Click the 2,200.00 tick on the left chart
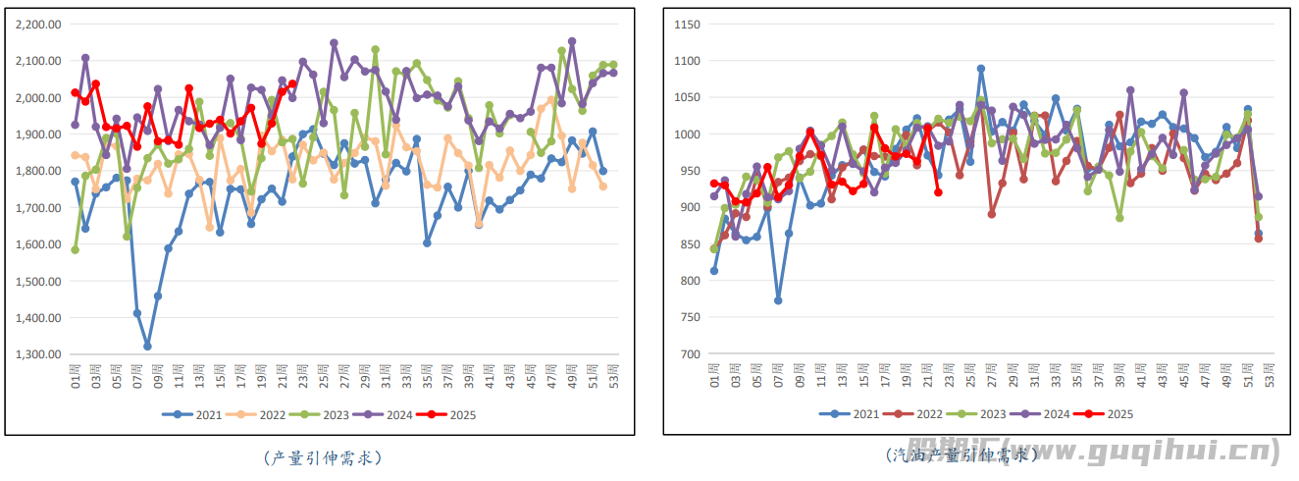point(39,24)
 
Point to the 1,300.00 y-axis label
point(39,354)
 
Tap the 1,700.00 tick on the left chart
point(39,208)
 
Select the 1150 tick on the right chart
point(685,24)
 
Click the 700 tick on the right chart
point(688,354)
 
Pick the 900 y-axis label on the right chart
point(688,208)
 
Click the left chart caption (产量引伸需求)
point(323,457)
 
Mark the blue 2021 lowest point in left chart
point(147,347)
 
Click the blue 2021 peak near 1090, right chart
point(981,69)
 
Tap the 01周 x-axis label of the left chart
point(75,374)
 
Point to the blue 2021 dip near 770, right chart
point(778,300)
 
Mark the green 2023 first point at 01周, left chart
point(75,249)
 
